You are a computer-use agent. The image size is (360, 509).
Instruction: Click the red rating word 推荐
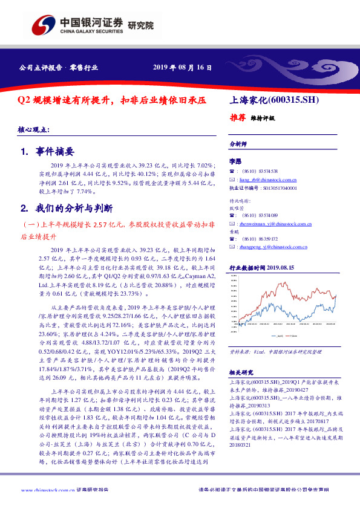tap(238, 117)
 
